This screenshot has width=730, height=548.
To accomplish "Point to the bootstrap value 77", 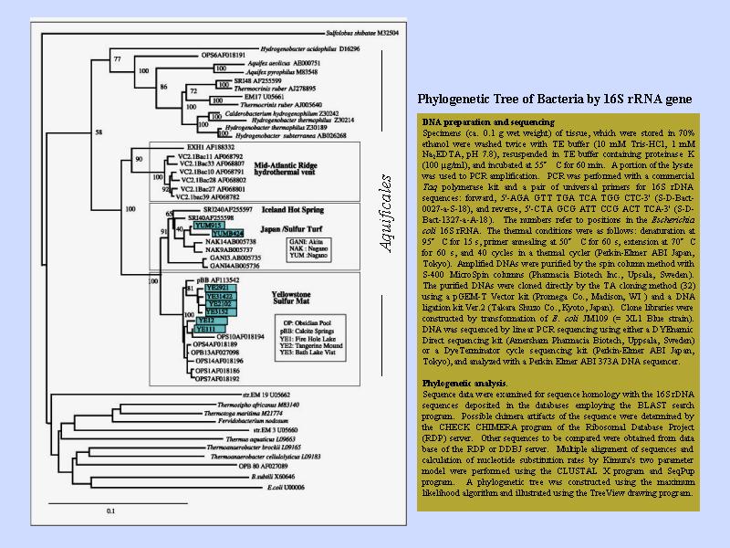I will click(117, 59).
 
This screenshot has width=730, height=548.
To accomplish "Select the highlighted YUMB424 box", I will click(206, 233).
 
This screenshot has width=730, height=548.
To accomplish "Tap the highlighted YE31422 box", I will click(218, 296).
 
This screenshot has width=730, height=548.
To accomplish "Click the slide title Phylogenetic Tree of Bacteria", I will click(554, 99).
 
